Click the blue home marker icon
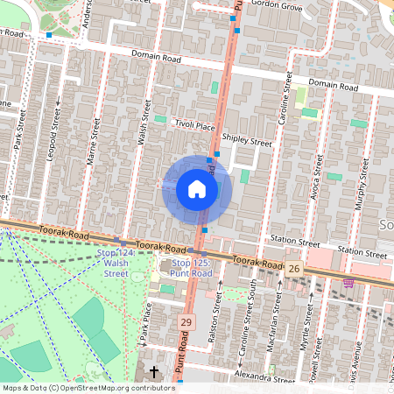(196, 189)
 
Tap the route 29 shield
(185, 323)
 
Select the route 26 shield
(294, 267)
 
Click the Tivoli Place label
(193, 125)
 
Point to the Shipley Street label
(247, 139)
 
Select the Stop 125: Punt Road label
(192, 267)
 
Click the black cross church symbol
(155, 372)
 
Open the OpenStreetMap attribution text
(88, 388)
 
